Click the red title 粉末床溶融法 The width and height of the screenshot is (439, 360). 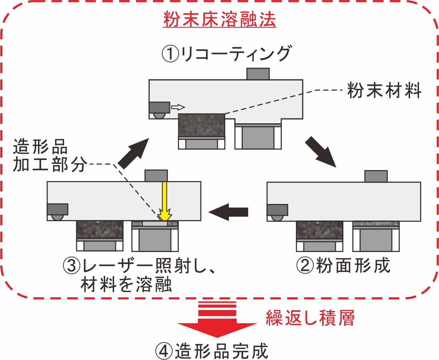219,20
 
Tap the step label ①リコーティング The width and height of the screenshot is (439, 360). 226,54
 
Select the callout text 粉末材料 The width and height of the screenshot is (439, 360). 384,92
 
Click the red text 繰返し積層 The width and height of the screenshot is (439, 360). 310,317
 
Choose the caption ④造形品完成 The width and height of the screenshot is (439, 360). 212,351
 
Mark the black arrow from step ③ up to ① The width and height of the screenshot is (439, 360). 133,154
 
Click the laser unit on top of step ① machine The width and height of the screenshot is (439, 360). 258,74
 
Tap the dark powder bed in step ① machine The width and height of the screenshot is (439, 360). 201,125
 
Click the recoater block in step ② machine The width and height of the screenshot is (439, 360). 277,210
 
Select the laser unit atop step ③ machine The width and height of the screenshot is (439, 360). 156,176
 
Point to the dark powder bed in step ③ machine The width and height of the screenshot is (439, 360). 100,229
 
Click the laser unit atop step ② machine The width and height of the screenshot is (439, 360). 376,176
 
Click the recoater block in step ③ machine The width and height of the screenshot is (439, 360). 58,209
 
